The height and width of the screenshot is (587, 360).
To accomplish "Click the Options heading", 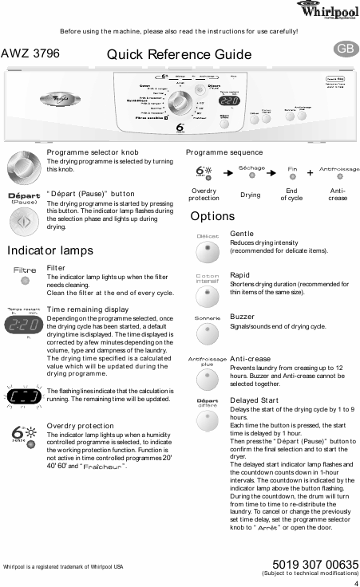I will click(212, 216).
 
